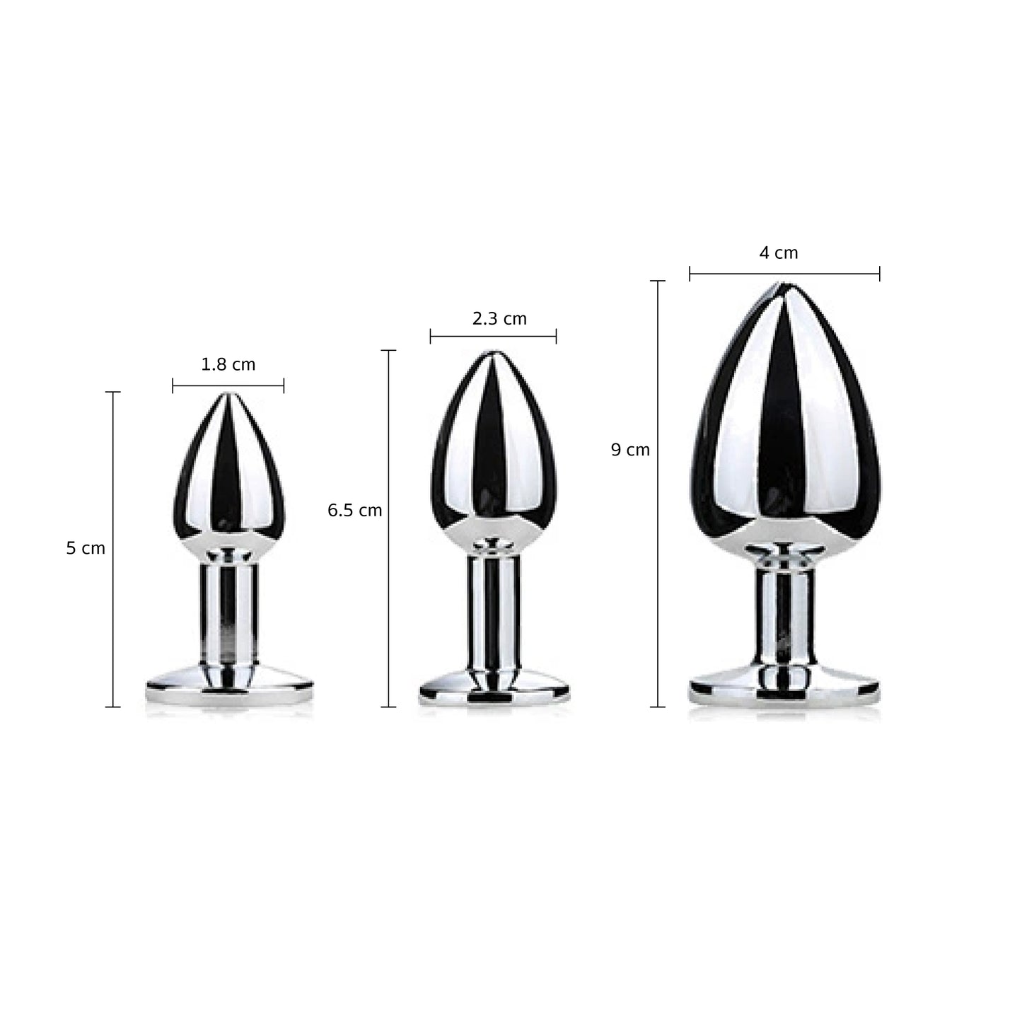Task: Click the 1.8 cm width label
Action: point(228,365)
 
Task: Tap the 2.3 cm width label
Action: point(499,319)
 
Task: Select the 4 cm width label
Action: point(778,253)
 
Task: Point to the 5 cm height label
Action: point(86,548)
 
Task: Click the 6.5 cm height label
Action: point(354,511)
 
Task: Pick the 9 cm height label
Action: point(630,450)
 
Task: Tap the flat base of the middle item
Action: point(493,689)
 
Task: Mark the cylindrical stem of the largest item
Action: point(784,615)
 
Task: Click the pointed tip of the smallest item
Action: point(227,395)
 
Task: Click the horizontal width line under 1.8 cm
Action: point(228,385)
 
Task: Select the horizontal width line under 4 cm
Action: point(784,274)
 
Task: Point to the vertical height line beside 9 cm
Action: point(658,495)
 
